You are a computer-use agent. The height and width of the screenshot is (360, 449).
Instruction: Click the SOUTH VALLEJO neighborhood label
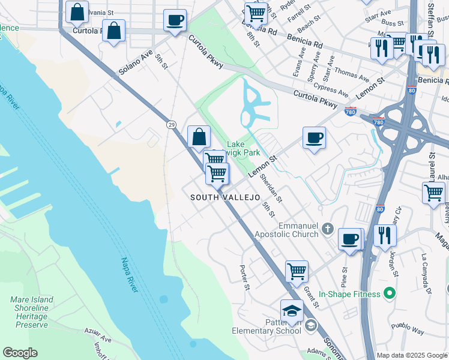225,197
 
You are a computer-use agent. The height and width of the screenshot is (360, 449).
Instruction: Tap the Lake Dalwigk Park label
243,149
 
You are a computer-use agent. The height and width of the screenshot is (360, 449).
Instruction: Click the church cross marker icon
327,229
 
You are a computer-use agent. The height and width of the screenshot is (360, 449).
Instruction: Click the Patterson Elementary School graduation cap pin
291,311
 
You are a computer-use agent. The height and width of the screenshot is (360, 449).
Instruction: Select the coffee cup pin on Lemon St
314,138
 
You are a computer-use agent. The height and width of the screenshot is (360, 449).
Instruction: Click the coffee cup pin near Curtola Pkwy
175,20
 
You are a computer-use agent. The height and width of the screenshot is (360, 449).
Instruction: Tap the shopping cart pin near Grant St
297,272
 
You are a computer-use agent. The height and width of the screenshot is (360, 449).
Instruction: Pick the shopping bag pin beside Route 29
199,136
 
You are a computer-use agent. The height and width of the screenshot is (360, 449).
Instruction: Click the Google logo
20,353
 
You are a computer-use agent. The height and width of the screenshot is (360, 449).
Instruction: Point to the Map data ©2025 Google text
412,355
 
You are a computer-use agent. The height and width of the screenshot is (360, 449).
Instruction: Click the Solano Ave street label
135,62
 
